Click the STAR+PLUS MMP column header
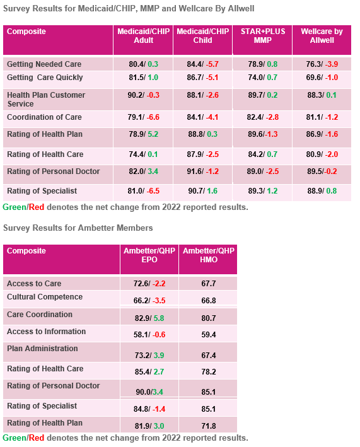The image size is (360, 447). point(263,36)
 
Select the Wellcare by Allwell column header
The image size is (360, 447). point(322,36)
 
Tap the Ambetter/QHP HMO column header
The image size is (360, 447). point(208,255)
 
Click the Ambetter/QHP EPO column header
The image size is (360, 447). point(149,255)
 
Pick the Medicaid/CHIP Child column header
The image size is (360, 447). point(202,36)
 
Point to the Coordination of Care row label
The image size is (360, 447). point(44,117)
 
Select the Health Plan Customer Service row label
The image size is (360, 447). point(46,99)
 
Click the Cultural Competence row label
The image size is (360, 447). point(45,297)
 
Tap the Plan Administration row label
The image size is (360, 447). point(42,349)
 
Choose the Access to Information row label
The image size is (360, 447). point(46,331)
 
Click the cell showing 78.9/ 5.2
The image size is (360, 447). point(143,134)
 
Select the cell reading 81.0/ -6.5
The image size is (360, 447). point(143,191)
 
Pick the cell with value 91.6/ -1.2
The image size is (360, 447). point(202,171)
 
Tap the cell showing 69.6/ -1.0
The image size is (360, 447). point(322,78)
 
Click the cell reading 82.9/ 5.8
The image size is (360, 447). point(149,318)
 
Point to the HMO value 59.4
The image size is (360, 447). point(208,335)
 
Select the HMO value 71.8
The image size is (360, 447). point(208,426)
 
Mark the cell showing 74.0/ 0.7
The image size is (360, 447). point(262,78)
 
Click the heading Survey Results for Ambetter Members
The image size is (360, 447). point(78,228)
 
